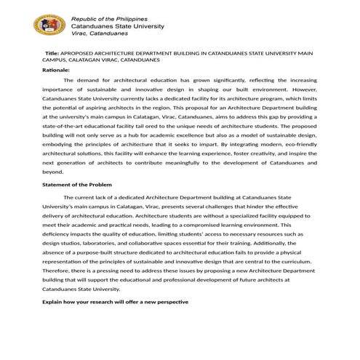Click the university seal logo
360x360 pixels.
[49, 27]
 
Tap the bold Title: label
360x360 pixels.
[52, 54]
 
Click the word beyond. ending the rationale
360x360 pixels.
[53, 172]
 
